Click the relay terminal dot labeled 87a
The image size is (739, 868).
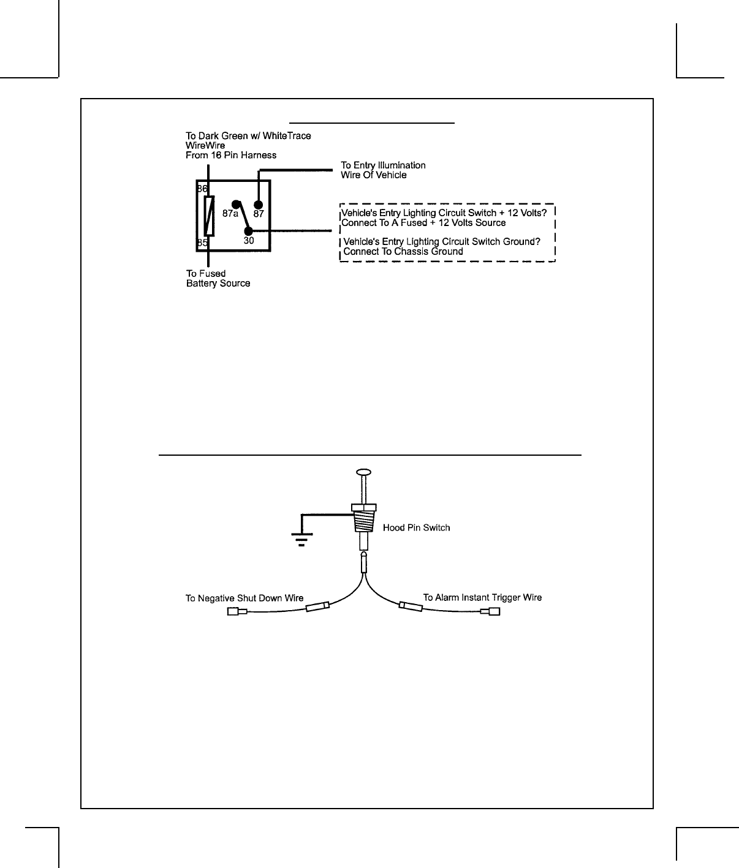coord(235,205)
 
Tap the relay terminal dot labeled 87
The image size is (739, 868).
coord(258,205)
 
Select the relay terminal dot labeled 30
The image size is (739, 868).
coord(248,231)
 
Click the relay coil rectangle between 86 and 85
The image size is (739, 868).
coord(209,216)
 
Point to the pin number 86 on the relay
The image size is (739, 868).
coord(202,189)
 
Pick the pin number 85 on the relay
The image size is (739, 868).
coord(202,243)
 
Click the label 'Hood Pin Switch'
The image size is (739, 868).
coord(416,527)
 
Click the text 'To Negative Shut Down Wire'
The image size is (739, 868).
coord(244,598)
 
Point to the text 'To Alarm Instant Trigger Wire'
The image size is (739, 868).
coord(482,597)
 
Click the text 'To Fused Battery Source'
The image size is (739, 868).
coord(218,279)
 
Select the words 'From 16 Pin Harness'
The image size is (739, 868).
coord(231,156)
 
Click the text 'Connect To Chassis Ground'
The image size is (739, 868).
coord(403,252)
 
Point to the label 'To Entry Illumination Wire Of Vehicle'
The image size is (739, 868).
coord(383,170)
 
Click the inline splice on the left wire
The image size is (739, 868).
coord(317,607)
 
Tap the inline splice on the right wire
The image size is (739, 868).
coord(410,606)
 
